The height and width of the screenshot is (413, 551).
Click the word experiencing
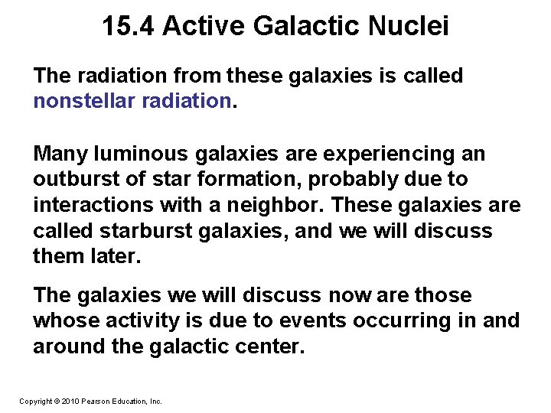pyautogui.click(x=382, y=154)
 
